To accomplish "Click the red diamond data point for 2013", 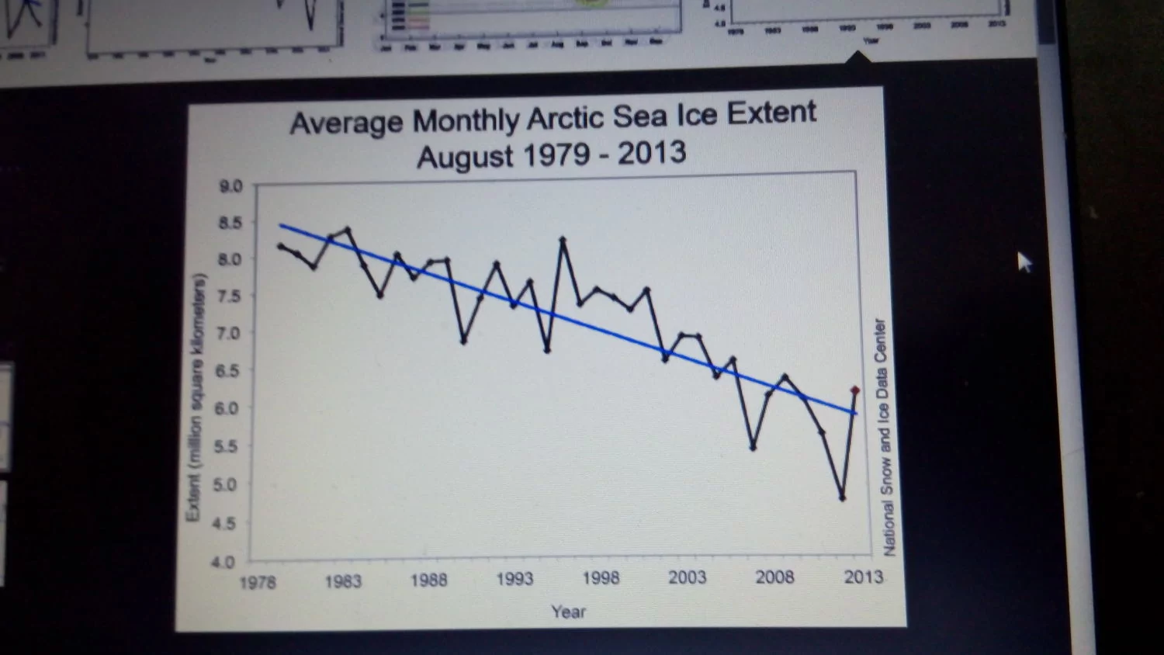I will (855, 390).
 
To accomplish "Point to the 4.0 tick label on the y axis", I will (223, 561).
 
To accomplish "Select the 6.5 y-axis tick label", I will (227, 370).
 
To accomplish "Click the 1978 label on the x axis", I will (258, 582).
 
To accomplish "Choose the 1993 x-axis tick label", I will (514, 579).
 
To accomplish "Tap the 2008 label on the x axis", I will (774, 577).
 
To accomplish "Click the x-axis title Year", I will (568, 612).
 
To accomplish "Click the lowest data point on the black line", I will (842, 497).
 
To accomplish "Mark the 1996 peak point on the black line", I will (563, 240).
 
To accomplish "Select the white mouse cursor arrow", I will (1024, 262).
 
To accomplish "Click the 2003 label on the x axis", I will (688, 577).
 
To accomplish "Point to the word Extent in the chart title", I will (771, 113).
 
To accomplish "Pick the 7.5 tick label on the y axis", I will (228, 296).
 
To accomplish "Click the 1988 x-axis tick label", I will (428, 580).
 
